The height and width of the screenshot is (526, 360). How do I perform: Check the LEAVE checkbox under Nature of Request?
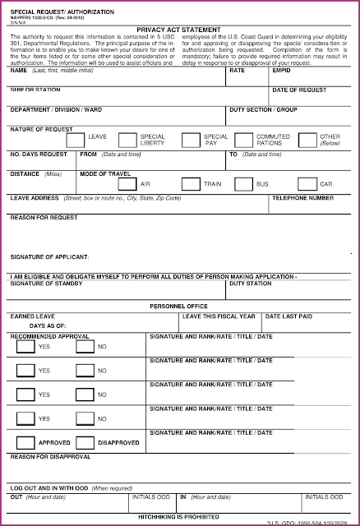[x=75, y=140]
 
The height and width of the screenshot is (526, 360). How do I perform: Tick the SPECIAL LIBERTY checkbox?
[x=127, y=140]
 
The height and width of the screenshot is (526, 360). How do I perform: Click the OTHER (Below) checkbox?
[x=306, y=140]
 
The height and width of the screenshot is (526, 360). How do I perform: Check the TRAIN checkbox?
[x=190, y=183]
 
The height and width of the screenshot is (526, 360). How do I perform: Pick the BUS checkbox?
[x=243, y=183]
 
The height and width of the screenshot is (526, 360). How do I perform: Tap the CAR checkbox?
[x=306, y=183]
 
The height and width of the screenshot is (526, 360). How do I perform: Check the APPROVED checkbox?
[x=25, y=443]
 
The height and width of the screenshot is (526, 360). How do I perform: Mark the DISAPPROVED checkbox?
[x=85, y=443]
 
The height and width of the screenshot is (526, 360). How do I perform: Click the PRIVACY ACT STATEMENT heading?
[x=180, y=28]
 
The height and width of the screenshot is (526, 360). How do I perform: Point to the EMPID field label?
[x=281, y=71]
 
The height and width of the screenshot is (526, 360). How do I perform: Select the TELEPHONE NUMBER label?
[x=303, y=198]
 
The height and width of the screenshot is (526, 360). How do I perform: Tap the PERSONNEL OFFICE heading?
[x=179, y=306]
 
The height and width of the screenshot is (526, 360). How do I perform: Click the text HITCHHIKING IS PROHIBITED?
[x=179, y=515]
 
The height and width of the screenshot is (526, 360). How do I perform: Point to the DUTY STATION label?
[x=250, y=284]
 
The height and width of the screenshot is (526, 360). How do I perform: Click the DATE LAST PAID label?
[x=288, y=316]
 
